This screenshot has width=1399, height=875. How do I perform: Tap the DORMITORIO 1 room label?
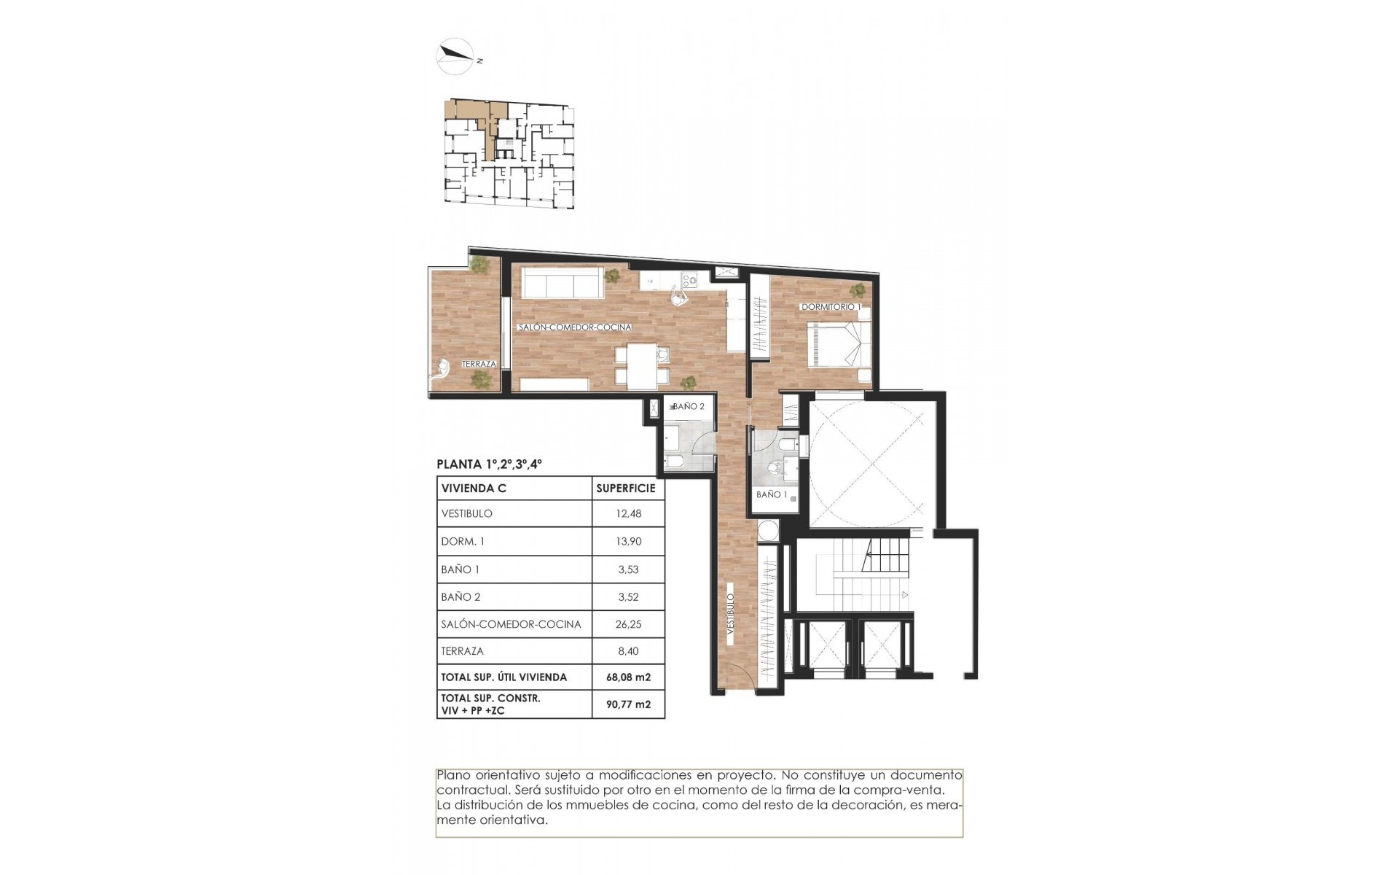831,307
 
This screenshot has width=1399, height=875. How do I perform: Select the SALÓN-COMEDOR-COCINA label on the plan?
574,328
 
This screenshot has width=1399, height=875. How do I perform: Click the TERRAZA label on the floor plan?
479,364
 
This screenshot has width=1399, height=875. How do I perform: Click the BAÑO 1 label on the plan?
772,494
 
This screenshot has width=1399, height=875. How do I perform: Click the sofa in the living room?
561,281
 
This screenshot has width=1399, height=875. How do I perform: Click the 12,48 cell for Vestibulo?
628,513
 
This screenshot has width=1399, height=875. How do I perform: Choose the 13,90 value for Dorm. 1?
628,541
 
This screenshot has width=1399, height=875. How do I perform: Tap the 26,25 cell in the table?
628,624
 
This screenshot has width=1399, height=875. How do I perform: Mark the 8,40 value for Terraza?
628,651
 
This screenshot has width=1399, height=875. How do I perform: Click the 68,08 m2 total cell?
628,677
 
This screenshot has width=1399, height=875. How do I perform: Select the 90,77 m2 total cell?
628,704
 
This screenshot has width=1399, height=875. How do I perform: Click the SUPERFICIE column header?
625,489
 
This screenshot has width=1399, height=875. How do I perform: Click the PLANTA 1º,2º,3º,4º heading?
489,464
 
